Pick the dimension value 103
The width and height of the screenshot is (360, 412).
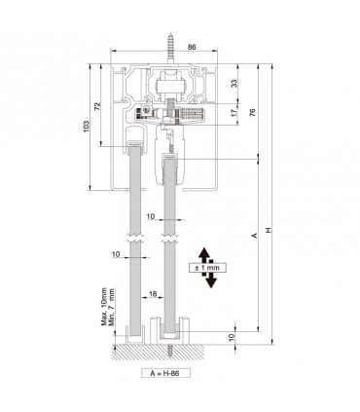87,127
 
